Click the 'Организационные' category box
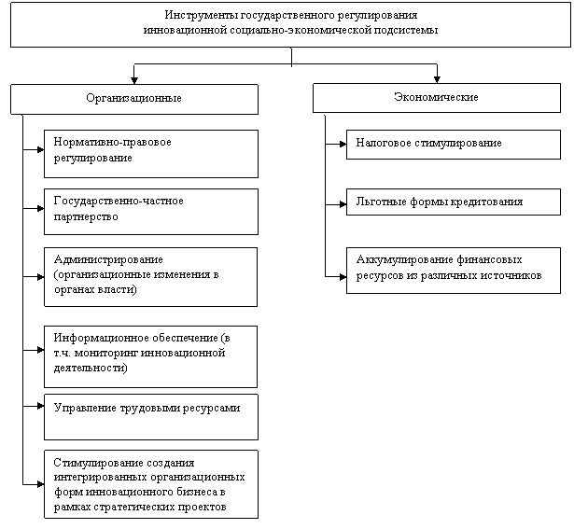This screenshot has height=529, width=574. pos(133,98)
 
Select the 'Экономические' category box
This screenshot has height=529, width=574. pos(436,98)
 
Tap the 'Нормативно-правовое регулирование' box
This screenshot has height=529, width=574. pos(150,152)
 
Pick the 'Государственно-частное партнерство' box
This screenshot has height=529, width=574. pos(150,210)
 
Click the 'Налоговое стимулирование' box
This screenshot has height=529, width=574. pos(453,144)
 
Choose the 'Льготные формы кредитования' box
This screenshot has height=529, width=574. pos(453,202)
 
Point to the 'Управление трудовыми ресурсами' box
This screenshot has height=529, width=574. pos(150,416)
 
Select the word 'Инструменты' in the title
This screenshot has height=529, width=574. pos(197,16)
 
